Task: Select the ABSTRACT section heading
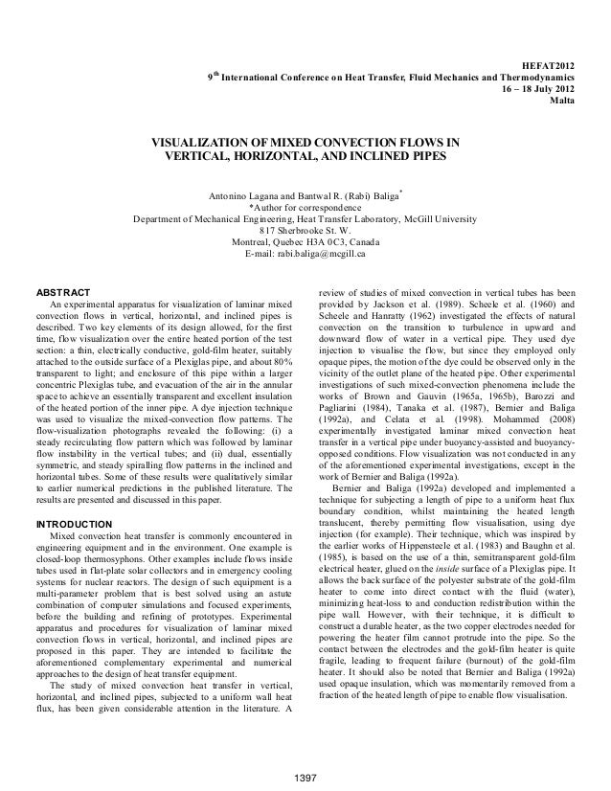coord(62,291)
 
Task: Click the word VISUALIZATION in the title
coord(215,144)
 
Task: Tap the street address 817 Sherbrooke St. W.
coord(305,230)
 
